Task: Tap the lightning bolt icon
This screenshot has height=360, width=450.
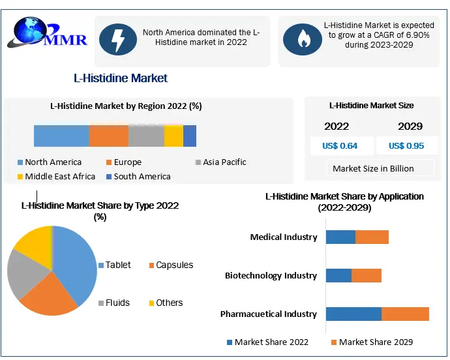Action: (118, 40)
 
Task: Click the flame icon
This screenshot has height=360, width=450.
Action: (302, 40)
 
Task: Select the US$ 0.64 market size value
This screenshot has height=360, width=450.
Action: (340, 145)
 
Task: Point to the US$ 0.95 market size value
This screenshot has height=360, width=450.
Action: (406, 145)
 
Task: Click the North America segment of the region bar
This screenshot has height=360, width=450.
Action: (61, 136)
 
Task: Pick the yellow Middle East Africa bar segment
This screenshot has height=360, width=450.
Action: (173, 136)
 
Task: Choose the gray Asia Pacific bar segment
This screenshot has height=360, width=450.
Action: (146, 136)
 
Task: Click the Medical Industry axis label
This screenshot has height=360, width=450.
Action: (284, 237)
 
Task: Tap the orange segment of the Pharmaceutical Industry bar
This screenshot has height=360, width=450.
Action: (405, 314)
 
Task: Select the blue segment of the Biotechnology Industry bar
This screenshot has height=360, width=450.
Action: (338, 275)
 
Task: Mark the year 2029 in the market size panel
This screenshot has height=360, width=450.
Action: (410, 126)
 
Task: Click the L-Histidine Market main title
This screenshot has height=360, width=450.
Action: (121, 78)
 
